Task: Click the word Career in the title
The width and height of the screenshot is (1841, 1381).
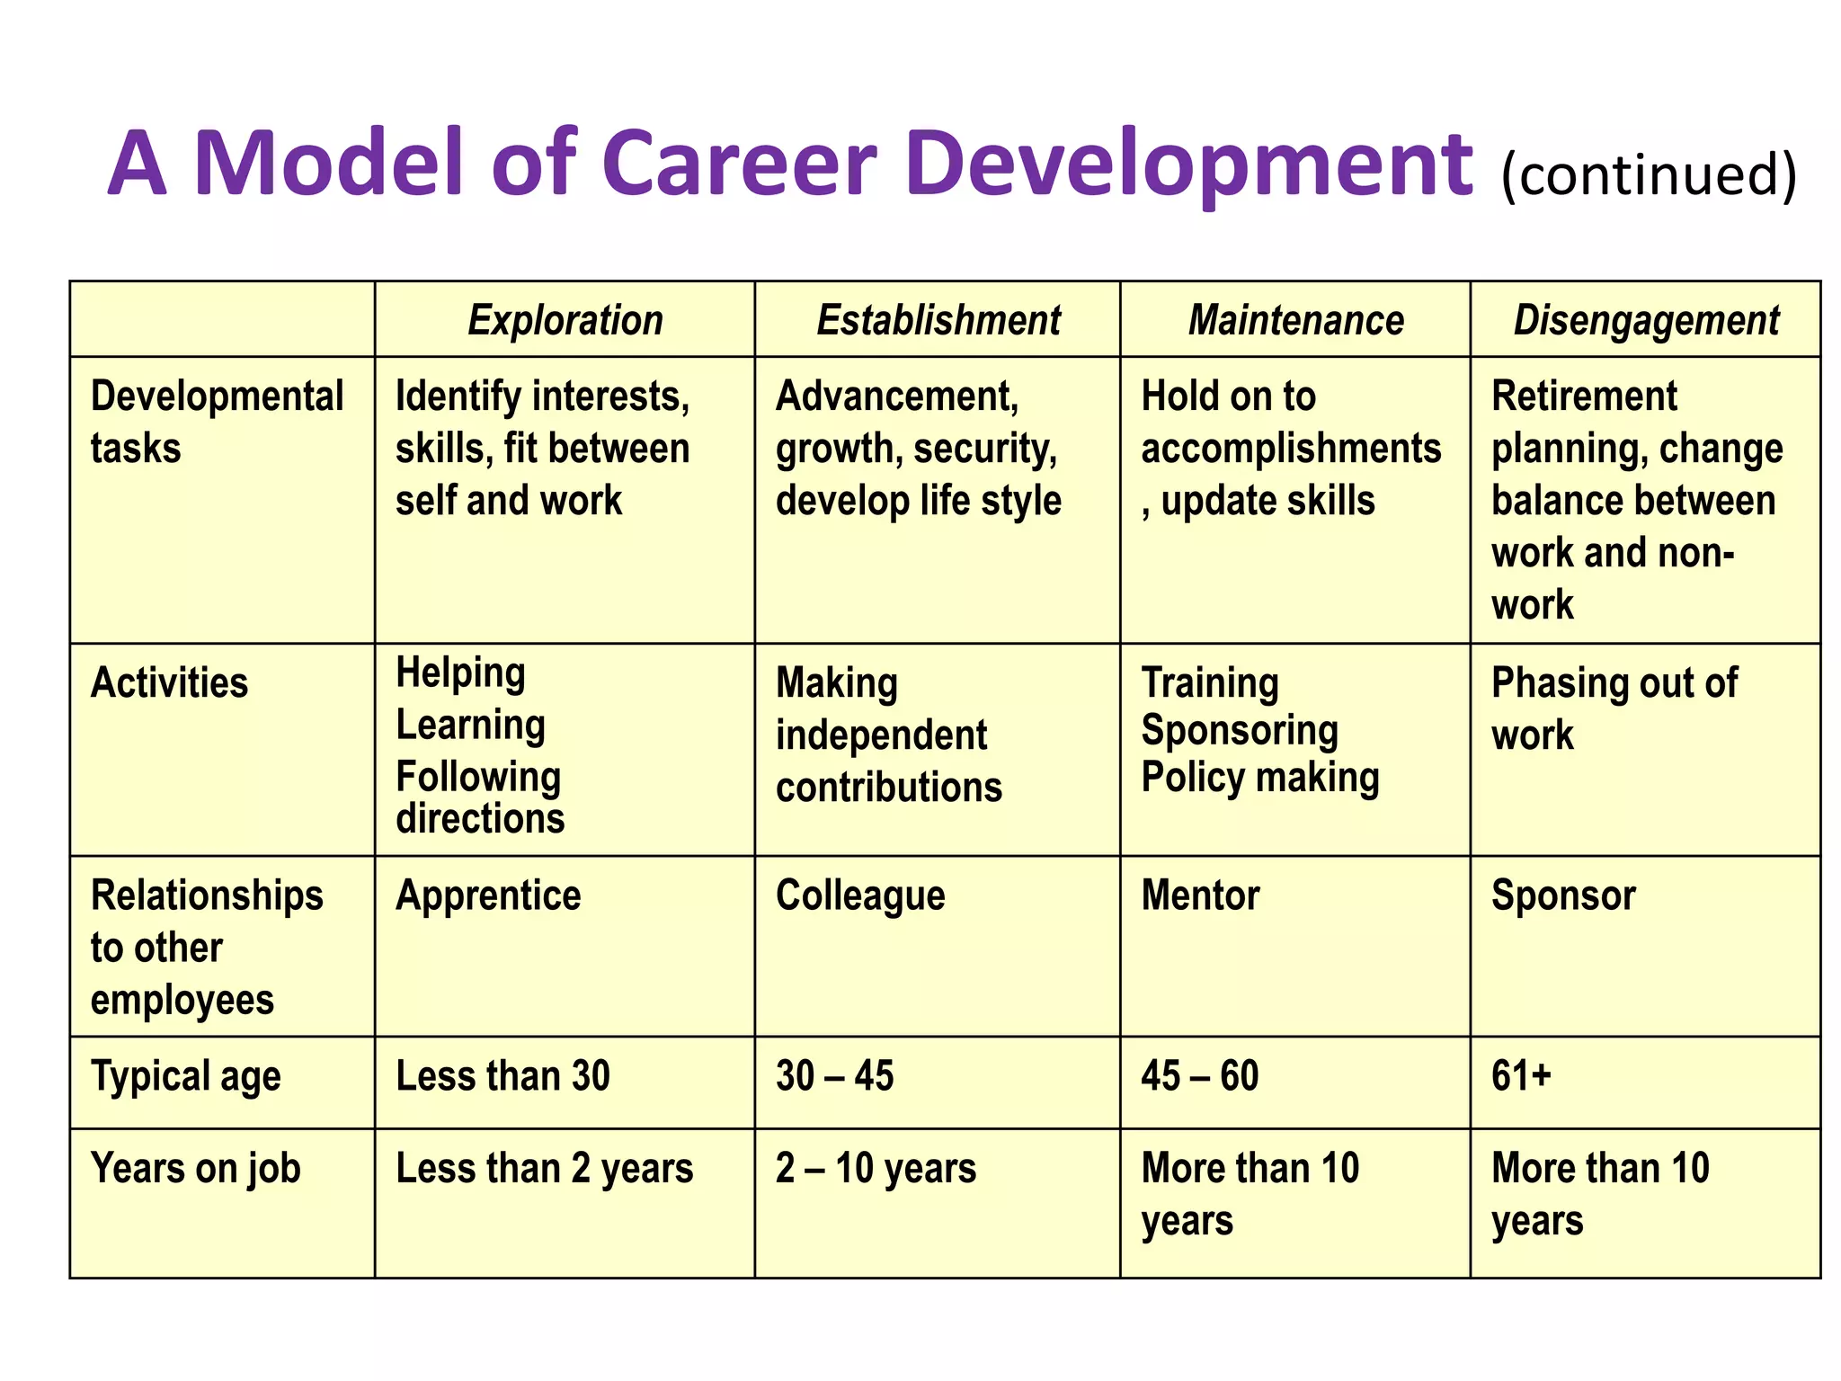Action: (x=738, y=164)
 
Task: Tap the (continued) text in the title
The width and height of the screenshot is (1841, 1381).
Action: (x=1649, y=174)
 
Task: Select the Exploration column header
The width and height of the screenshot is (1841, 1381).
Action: (x=565, y=320)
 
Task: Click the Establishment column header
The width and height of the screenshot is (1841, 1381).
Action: (x=938, y=320)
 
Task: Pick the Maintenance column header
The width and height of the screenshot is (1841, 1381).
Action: (x=1295, y=320)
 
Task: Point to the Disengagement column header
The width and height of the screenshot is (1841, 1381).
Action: (x=1646, y=320)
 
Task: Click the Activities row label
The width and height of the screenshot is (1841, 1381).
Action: (x=169, y=682)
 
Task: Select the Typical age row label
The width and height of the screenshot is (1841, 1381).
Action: (x=186, y=1076)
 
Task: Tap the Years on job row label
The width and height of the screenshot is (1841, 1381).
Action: (x=196, y=1169)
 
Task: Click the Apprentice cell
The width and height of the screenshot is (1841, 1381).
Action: (x=488, y=895)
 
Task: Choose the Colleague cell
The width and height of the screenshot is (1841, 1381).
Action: (x=860, y=895)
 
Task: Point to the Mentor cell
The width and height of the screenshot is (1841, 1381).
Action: (x=1200, y=895)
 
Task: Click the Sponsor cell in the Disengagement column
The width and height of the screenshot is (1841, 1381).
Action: (x=1563, y=895)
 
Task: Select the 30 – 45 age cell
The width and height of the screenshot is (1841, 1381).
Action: (x=834, y=1076)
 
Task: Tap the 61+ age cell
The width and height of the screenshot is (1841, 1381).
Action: (x=1521, y=1076)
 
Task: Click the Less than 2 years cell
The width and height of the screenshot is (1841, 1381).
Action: (x=544, y=1169)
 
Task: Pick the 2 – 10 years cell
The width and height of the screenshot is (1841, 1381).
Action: (x=876, y=1169)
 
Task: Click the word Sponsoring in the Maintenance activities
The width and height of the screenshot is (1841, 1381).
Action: (x=1240, y=730)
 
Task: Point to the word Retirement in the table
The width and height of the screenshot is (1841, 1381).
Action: (x=1584, y=396)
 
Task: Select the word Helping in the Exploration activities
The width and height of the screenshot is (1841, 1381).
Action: (x=460, y=673)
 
